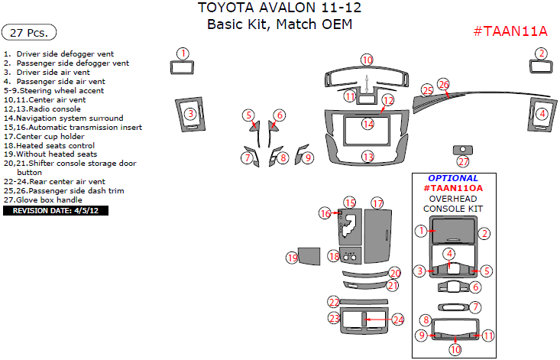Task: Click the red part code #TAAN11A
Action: coord(510,31)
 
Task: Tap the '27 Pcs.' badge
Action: coord(29,33)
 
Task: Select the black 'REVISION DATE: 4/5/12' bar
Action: coord(56,211)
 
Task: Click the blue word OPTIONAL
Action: coord(453,178)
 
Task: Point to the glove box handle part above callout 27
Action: coord(463,150)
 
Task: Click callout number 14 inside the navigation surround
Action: coord(367,125)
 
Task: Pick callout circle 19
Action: coord(293,258)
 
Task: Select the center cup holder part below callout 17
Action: coord(378,235)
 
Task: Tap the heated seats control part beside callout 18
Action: coord(350,256)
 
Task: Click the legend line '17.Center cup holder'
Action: coord(44,136)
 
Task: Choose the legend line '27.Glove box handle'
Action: coord(43,200)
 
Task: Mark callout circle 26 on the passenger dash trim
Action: coord(444,85)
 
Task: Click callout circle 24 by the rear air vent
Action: coord(398,319)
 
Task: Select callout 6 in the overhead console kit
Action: coord(475,287)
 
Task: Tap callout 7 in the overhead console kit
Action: coord(475,307)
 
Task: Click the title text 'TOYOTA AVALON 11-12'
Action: coord(280,8)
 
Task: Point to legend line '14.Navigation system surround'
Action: coord(63,118)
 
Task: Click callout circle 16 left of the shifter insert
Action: coord(325,213)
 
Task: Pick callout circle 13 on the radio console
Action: coord(367,157)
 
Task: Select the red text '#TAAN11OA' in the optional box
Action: coord(453,188)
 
